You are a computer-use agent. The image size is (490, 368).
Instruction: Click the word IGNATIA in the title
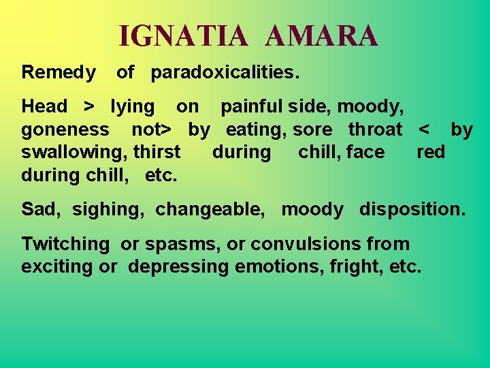184,36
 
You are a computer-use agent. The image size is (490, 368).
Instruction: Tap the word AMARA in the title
321,36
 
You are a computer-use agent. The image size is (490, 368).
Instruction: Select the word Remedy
59,72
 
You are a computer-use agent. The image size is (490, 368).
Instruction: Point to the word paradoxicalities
225,72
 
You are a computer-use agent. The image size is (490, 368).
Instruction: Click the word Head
44,106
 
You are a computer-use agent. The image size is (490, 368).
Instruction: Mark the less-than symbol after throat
425,129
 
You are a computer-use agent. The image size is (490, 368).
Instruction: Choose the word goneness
65,129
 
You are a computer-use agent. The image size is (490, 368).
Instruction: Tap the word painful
252,106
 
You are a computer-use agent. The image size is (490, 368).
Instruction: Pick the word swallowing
69,152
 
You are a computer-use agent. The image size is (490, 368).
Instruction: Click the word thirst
157,152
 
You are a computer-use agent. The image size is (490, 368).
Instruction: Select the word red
431,152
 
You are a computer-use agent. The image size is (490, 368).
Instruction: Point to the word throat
375,129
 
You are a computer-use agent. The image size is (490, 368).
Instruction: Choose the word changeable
210,209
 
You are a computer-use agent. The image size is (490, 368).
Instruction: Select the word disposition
413,209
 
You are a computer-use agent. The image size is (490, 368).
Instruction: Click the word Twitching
65,244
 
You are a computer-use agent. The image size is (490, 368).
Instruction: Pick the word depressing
178,266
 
